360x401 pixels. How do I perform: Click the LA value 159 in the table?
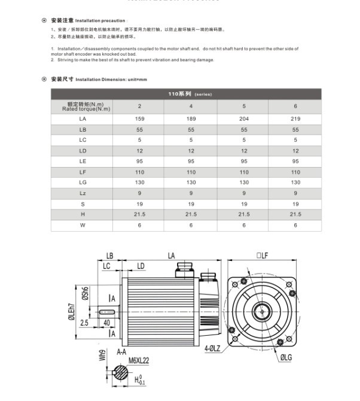tap(139, 119)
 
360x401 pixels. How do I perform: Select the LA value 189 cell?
tap(191, 119)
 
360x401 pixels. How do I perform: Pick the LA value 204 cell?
tap(244, 119)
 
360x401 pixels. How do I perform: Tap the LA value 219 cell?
tap(295, 119)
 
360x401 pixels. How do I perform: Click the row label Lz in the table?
tap(83, 193)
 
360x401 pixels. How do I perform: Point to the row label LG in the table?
tap(83, 183)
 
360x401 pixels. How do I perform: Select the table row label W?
tap(83, 226)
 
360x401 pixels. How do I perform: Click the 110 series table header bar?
tap(186, 94)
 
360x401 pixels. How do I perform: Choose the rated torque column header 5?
tap(244, 107)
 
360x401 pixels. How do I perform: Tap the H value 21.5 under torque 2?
tap(139, 214)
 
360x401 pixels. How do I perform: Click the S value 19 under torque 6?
tap(295, 204)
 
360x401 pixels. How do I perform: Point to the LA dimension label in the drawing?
tap(172, 256)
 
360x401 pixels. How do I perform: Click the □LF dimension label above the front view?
tap(262, 256)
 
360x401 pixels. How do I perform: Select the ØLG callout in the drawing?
tap(286, 357)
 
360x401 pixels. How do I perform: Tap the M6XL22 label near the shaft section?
tap(139, 360)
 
